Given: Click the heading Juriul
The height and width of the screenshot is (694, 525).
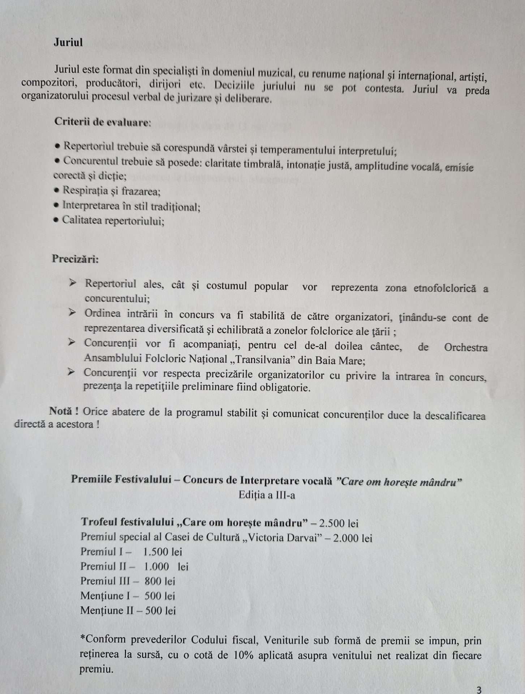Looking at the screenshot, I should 68,42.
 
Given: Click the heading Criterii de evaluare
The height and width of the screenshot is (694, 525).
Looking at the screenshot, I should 102,122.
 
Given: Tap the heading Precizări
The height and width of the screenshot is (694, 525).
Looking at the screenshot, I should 75,259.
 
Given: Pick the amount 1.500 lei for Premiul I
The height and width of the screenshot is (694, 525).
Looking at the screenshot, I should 162,552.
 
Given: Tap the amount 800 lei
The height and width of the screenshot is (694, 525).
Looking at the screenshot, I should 160,581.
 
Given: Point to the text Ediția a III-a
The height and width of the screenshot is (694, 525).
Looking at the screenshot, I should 267,495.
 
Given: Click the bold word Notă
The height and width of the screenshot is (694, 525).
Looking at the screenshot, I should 61,411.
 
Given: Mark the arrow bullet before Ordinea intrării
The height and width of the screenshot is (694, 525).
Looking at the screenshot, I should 72,312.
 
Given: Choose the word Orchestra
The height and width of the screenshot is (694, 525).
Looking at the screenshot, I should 465,347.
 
